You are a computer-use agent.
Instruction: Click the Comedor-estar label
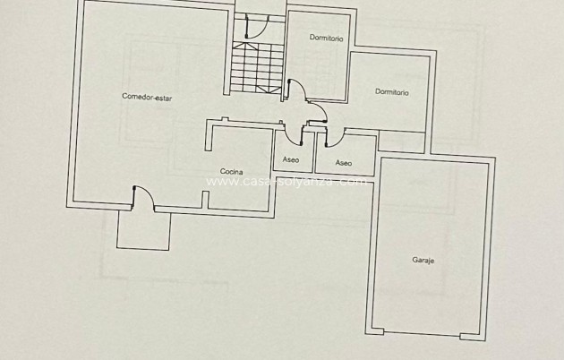(x=147, y=97)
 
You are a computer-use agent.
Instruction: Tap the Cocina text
(x=231, y=171)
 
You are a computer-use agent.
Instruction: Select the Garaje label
(x=423, y=261)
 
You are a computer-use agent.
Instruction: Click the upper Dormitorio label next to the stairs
(x=325, y=38)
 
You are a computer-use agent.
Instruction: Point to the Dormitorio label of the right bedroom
(x=392, y=91)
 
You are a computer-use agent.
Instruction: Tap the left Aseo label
(x=291, y=160)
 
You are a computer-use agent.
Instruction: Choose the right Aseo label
(x=344, y=162)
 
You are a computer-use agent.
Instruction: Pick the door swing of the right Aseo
(x=335, y=137)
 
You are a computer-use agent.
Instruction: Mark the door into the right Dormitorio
(x=319, y=111)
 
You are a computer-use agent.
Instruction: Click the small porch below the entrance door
(x=143, y=230)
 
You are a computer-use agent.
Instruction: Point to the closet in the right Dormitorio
(x=400, y=141)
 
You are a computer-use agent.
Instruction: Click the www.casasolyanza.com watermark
(x=286, y=181)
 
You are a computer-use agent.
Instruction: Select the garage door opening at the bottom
(x=422, y=335)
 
